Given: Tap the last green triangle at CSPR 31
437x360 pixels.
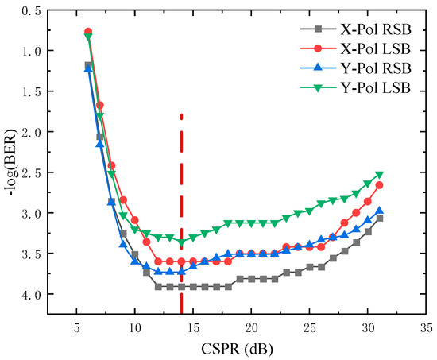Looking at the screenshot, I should point(379,175).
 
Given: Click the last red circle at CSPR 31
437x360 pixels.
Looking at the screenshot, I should point(379,185).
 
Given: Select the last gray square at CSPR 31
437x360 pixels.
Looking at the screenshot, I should point(379,218).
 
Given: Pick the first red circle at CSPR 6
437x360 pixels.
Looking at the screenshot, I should point(88,32).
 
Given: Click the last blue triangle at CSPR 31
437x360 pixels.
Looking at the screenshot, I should point(379,211).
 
